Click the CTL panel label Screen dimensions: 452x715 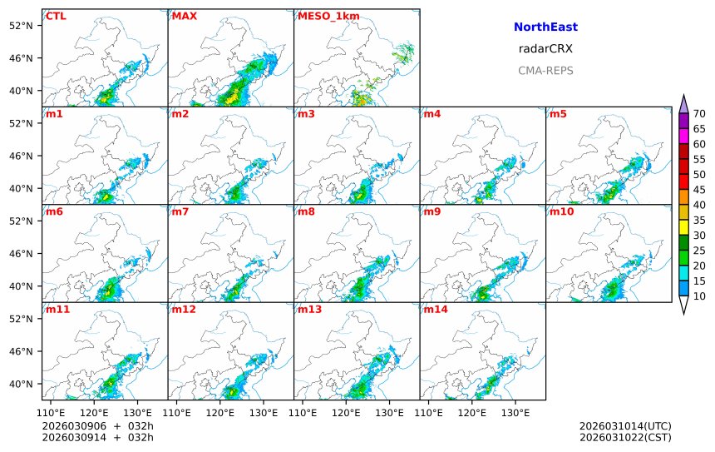tap(57, 16)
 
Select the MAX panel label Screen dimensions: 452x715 tap(184, 16)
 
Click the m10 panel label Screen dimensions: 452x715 tap(561, 211)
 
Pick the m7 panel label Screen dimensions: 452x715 tap(181, 211)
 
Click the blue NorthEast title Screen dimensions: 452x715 tap(545, 27)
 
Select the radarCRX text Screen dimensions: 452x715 tap(545, 49)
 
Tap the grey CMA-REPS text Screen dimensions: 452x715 tap(545, 71)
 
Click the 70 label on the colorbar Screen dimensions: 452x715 tap(699, 114)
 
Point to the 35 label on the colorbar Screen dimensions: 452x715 tap(699, 220)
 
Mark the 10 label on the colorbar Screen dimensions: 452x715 tap(699, 296)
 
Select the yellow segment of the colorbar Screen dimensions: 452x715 tap(683, 227)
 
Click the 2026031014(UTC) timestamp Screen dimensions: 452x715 tap(625, 426)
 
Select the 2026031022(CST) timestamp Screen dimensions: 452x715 tap(625, 437)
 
